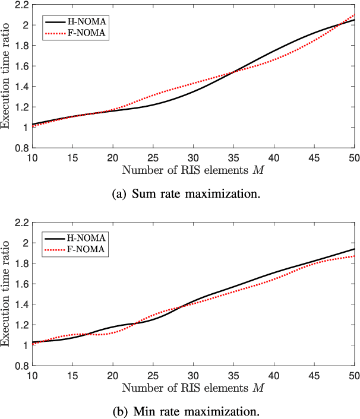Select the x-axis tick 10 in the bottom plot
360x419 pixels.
[31, 375]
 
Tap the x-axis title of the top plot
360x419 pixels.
[193, 171]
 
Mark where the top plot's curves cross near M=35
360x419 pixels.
[233, 72]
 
